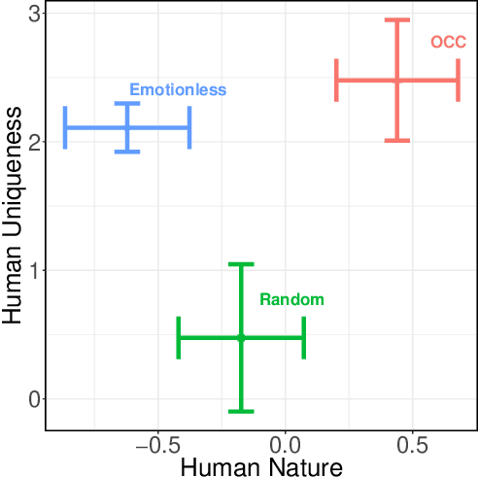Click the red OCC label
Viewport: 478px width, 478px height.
pyautogui.click(x=448, y=42)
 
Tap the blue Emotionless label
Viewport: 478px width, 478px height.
pyautogui.click(x=178, y=89)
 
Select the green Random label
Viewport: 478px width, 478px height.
pyautogui.click(x=291, y=299)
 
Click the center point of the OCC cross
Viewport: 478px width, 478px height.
pyautogui.click(x=396, y=81)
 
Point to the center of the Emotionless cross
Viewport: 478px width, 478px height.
pyautogui.click(x=127, y=127)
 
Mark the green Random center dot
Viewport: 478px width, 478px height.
pyautogui.click(x=241, y=337)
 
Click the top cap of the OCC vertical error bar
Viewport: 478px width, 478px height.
pyautogui.click(x=396, y=19)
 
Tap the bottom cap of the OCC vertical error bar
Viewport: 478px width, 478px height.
pyautogui.click(x=396, y=141)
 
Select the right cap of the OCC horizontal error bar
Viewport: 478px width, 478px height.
pyautogui.click(x=458, y=81)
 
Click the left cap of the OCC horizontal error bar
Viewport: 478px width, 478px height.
pyautogui.click(x=336, y=81)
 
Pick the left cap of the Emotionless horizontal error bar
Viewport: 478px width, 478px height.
pyautogui.click(x=65, y=127)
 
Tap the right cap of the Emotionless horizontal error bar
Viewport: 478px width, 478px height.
pyautogui.click(x=189, y=127)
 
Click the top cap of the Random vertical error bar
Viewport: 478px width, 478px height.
pyautogui.click(x=241, y=263)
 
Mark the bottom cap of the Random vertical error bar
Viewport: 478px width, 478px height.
pyautogui.click(x=241, y=411)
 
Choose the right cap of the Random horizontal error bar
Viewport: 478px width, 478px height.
pyautogui.click(x=304, y=337)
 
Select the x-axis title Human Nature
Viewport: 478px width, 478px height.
pyautogui.click(x=261, y=467)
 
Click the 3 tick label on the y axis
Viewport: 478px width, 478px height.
pyautogui.click(x=33, y=14)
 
